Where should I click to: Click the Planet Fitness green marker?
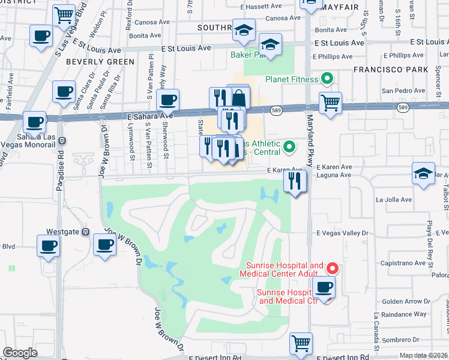point(327,78)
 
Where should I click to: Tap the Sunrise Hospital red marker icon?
point(331,268)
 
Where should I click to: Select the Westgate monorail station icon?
point(86,232)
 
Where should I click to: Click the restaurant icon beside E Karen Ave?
point(294,181)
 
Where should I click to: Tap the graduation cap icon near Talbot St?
point(423,173)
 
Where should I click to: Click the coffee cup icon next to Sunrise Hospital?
point(324,287)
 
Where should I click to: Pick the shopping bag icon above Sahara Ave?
point(239,97)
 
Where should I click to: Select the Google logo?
point(20,353)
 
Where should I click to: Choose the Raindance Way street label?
point(403,314)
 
